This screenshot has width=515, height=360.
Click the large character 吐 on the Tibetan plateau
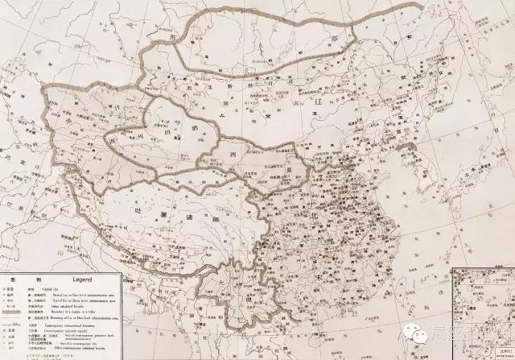pos(143,207)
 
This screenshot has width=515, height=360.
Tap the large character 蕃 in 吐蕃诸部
pos(164,210)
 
